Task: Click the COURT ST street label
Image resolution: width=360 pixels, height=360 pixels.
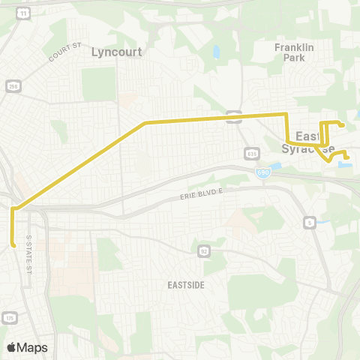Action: tap(64, 53)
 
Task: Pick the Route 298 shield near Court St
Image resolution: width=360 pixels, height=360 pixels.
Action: tap(13, 87)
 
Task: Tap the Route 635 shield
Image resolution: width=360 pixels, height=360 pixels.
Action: tap(251, 153)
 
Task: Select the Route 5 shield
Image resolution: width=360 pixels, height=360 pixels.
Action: tap(308, 222)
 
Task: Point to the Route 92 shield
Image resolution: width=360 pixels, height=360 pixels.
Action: tap(203, 249)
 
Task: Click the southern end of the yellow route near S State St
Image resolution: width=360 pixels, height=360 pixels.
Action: tap(14, 244)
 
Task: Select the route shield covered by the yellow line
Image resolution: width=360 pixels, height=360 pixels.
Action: tap(235, 116)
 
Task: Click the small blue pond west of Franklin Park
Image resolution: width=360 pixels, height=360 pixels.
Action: tap(216, 52)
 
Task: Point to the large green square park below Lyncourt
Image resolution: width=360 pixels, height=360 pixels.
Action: tap(99, 84)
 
